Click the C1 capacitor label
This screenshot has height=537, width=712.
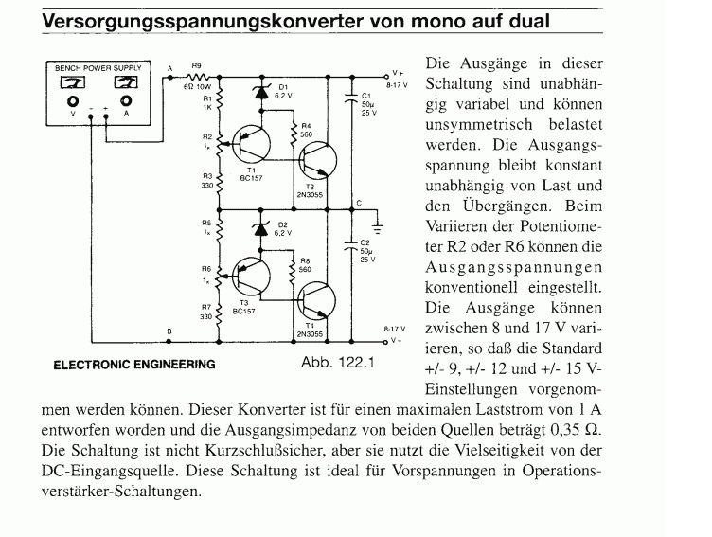tap(365, 96)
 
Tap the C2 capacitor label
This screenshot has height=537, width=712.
tap(365, 242)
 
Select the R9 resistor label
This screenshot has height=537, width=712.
tap(197, 67)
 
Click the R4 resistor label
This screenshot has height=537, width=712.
tap(305, 125)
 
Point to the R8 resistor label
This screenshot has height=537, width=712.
tap(304, 261)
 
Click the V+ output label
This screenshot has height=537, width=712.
tap(398, 72)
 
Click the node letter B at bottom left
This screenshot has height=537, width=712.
tap(169, 331)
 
